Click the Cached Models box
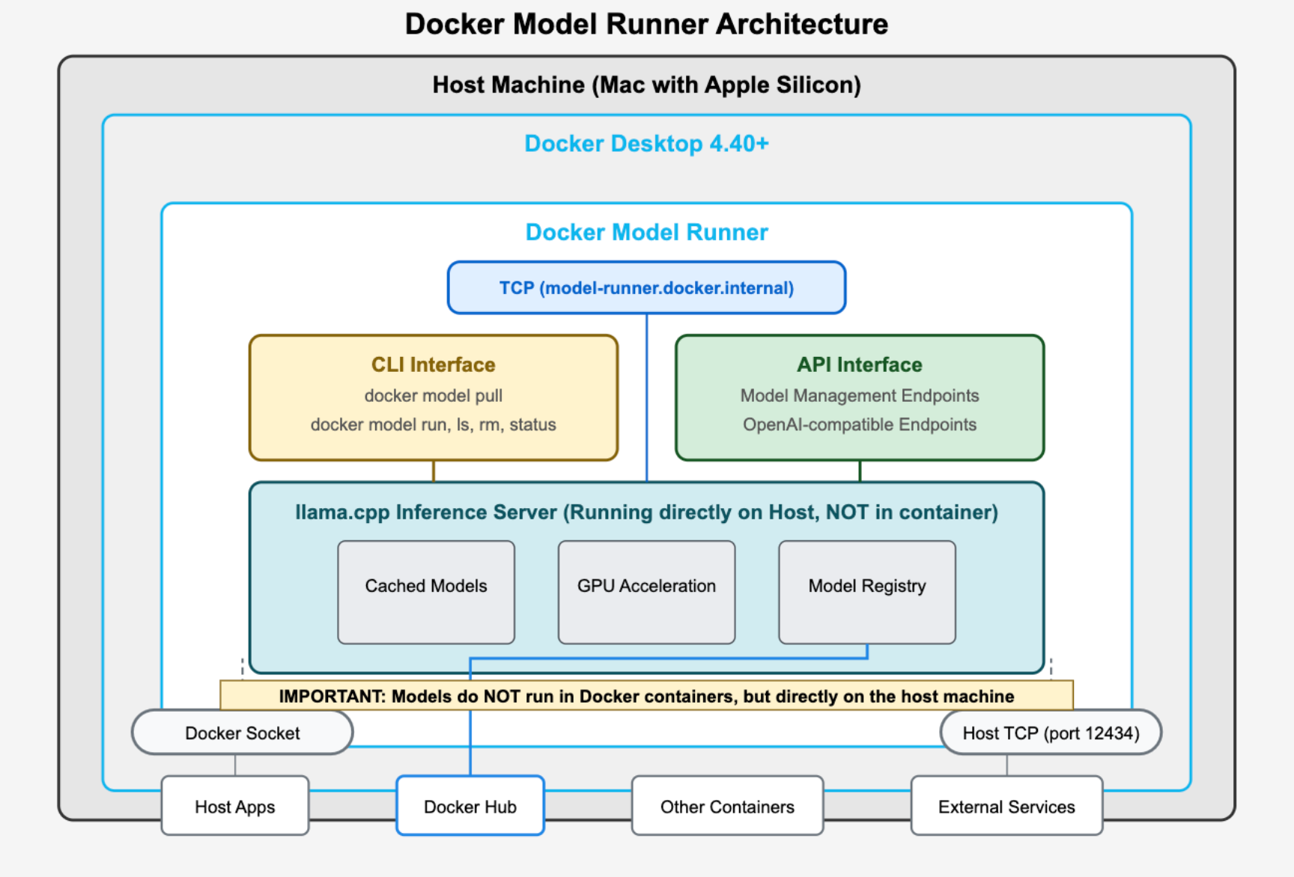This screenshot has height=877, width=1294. coord(426,592)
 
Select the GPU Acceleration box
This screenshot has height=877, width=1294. coord(646,592)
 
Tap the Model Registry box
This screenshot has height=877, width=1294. coord(867,592)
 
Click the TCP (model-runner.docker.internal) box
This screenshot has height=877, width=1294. coord(647,287)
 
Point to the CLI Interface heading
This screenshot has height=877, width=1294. coord(434,364)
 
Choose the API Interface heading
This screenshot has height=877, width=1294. coord(860,364)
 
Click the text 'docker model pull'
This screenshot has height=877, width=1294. coord(434,395)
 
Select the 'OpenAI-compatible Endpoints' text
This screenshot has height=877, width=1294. coord(860,424)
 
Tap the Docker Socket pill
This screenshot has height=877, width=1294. coord(243,733)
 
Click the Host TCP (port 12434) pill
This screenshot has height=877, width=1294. coord(1051,733)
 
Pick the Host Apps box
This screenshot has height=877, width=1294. coord(235,806)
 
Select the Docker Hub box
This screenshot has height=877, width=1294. coord(470,806)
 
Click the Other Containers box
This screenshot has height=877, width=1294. coord(727,806)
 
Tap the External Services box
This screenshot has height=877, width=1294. coord(1006,806)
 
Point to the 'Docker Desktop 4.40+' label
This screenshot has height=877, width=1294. coord(647,143)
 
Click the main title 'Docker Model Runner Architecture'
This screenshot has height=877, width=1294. coord(647,24)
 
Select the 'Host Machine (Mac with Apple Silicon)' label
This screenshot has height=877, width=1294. coord(647,85)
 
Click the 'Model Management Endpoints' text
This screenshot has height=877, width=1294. coord(860,395)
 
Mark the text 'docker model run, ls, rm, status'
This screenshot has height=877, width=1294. coord(434,424)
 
